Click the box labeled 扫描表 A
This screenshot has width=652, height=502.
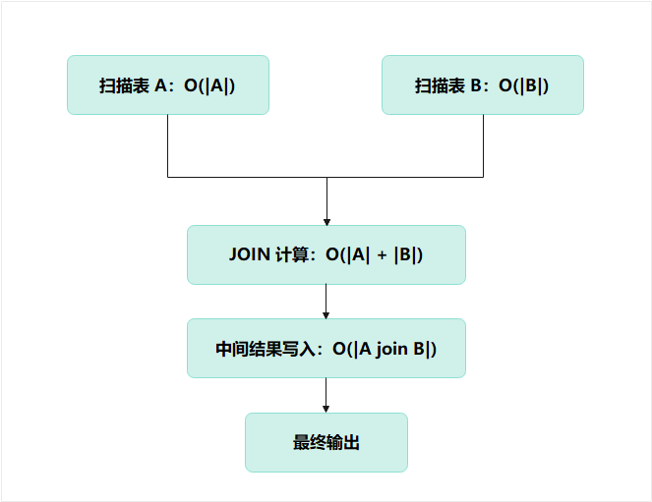[x=167, y=84]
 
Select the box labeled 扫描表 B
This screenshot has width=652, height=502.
[x=482, y=84]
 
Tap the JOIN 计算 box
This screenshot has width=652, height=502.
[x=326, y=254]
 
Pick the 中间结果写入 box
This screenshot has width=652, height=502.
[x=326, y=348]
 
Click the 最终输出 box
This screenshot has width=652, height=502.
[x=326, y=442]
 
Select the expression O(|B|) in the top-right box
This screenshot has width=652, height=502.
[x=523, y=85]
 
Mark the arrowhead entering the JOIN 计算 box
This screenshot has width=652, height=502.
[x=326, y=220]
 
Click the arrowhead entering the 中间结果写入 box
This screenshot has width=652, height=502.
[x=326, y=313]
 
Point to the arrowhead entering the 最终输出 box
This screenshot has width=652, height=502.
[x=326, y=408]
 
